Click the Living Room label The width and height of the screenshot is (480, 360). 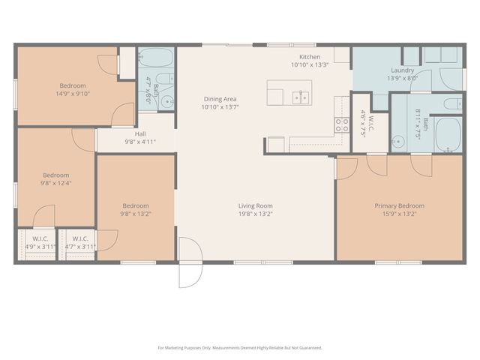[255, 205]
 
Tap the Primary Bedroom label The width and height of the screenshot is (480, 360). [399, 205]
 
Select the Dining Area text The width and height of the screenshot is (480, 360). [220, 99]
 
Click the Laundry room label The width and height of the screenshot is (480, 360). [402, 70]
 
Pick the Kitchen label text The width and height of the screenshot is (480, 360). [310, 57]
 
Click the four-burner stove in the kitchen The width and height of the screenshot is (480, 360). [341, 124]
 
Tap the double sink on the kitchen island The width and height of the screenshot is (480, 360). [301, 96]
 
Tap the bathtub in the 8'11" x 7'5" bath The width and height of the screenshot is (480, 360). [448, 133]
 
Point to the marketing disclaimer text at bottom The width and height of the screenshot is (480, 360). [240, 347]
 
